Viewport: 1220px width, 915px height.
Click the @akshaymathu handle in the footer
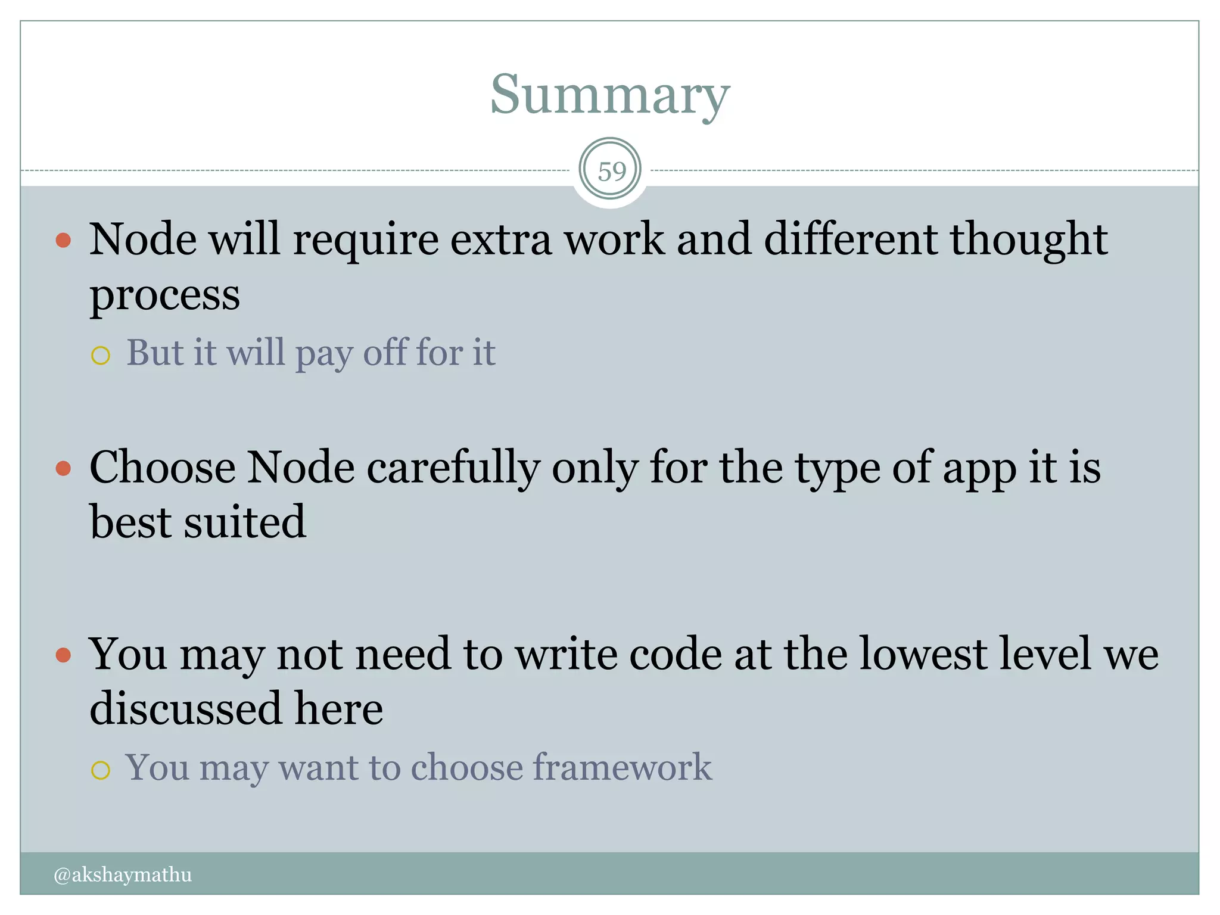(123, 874)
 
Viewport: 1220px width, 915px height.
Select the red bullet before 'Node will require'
(63, 240)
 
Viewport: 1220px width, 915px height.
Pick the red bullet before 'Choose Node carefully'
(63, 468)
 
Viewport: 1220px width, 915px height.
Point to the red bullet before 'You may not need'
(63, 655)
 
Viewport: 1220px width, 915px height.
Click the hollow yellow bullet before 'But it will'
(101, 356)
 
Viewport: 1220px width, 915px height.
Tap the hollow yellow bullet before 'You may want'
(101, 770)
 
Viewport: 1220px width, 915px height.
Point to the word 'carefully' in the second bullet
(453, 468)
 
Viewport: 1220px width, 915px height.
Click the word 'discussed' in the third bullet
(185, 709)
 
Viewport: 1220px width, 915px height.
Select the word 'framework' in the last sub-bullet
(621, 767)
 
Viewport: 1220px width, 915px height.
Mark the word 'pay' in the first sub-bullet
(324, 354)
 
